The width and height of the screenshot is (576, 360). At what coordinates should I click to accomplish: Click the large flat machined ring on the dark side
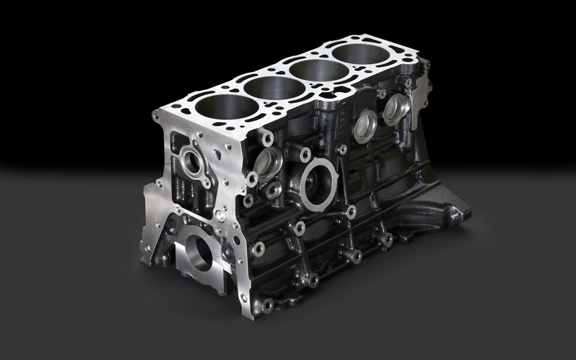tap(318, 184)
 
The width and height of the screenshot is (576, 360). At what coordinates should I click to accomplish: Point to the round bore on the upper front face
tap(192, 159)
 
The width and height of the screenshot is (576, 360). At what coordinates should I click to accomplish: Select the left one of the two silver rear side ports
tap(365, 125)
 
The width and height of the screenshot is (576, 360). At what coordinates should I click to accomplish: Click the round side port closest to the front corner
tap(267, 163)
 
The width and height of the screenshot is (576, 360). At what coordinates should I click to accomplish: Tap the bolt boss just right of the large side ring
tap(351, 212)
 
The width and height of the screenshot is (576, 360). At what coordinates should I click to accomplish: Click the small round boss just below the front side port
tap(274, 191)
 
